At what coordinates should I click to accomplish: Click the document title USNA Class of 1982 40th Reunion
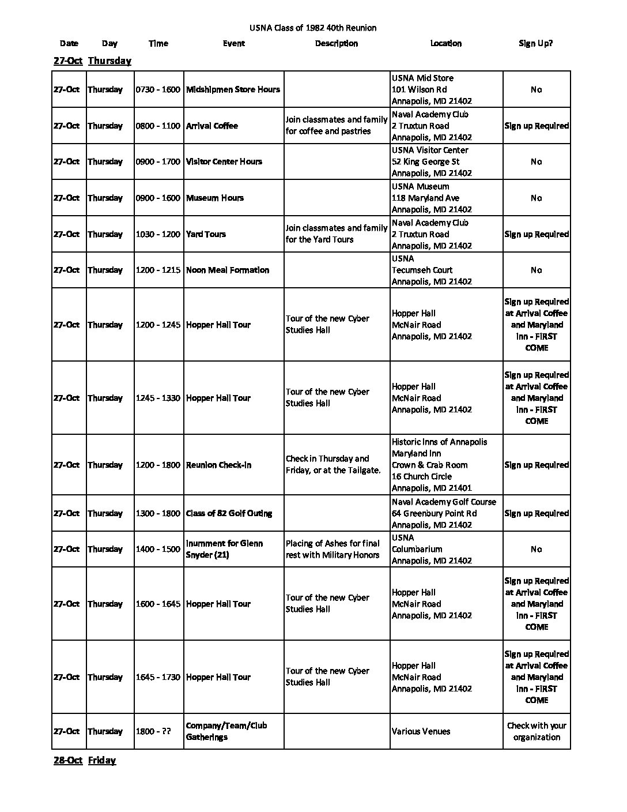[313, 28]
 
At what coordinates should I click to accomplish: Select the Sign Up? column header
[535, 43]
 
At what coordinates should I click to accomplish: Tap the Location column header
[445, 43]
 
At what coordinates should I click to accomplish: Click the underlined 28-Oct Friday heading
[85, 760]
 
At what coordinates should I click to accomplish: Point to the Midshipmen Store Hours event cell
[233, 89]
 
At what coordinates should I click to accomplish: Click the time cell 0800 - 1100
[158, 126]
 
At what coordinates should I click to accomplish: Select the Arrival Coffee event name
[211, 126]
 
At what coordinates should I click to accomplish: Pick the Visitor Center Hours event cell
[224, 161]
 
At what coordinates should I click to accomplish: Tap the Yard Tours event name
[206, 234]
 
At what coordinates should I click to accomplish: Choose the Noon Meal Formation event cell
[228, 270]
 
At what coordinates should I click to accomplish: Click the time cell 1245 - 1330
[158, 398]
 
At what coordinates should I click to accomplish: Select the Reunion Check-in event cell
[218, 465]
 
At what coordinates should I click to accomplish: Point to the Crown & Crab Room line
[429, 465]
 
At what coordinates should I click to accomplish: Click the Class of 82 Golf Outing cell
[229, 513]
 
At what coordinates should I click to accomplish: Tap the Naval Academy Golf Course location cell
[444, 513]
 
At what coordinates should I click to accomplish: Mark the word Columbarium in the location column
[417, 549]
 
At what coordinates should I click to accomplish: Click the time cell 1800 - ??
[153, 731]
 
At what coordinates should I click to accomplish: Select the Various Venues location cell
[421, 731]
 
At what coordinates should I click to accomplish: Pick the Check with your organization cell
[537, 731]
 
